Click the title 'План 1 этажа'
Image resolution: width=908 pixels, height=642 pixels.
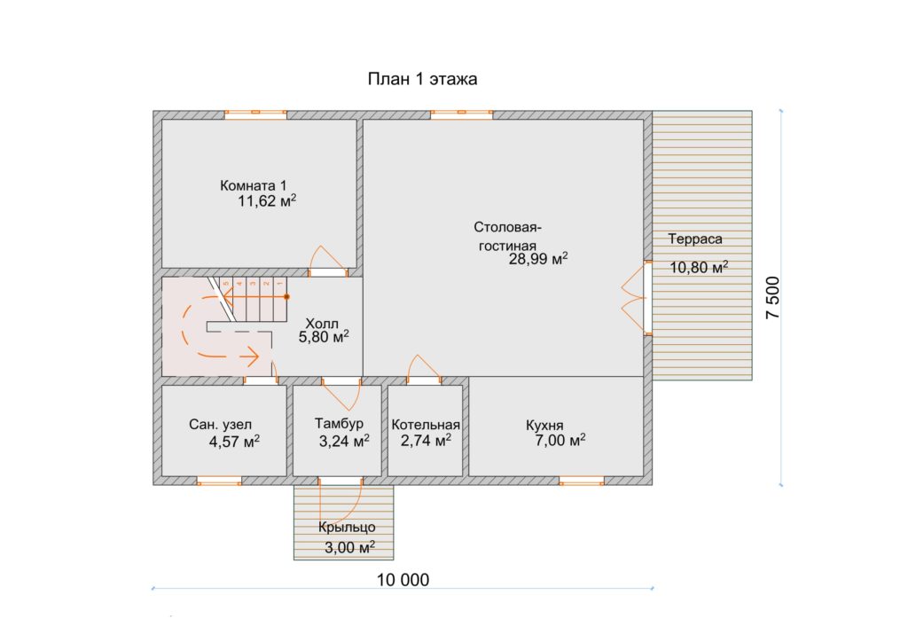tap(422, 79)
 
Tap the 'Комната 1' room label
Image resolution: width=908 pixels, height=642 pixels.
tap(253, 186)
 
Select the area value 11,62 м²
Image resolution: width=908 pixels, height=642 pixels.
tap(267, 201)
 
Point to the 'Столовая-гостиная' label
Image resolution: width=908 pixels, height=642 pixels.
tap(507, 236)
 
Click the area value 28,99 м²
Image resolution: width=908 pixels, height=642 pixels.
tap(538, 259)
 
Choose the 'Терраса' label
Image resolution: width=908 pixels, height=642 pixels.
tap(695, 239)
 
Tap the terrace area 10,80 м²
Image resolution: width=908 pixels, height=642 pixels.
tap(699, 268)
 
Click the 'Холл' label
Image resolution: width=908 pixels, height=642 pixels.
tap(322, 324)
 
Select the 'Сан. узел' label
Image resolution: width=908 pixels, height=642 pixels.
tap(220, 425)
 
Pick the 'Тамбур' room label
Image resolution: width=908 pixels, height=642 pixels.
tap(339, 423)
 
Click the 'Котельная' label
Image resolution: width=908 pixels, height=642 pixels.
tap(426, 425)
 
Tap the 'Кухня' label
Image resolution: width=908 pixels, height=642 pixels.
tap(544, 426)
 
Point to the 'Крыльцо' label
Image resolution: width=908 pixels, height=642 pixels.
tap(347, 528)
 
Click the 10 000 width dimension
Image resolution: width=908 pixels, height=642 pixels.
tap(403, 579)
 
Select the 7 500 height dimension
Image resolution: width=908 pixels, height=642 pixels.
tap(773, 298)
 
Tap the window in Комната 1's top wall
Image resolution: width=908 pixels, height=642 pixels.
tap(255, 114)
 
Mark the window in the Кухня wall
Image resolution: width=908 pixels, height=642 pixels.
tap(582, 481)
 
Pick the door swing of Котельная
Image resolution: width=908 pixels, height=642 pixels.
tap(423, 366)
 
